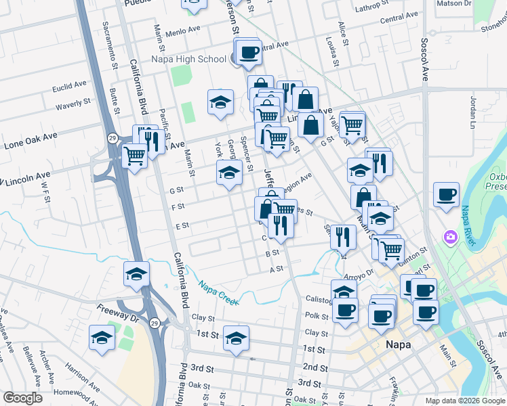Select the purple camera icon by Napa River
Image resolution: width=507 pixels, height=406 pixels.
[x=450, y=238]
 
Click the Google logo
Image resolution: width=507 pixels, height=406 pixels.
[x=22, y=398]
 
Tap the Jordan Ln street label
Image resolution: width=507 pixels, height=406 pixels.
[x=472, y=112]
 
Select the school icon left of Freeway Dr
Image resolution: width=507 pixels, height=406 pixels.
[x=102, y=338]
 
